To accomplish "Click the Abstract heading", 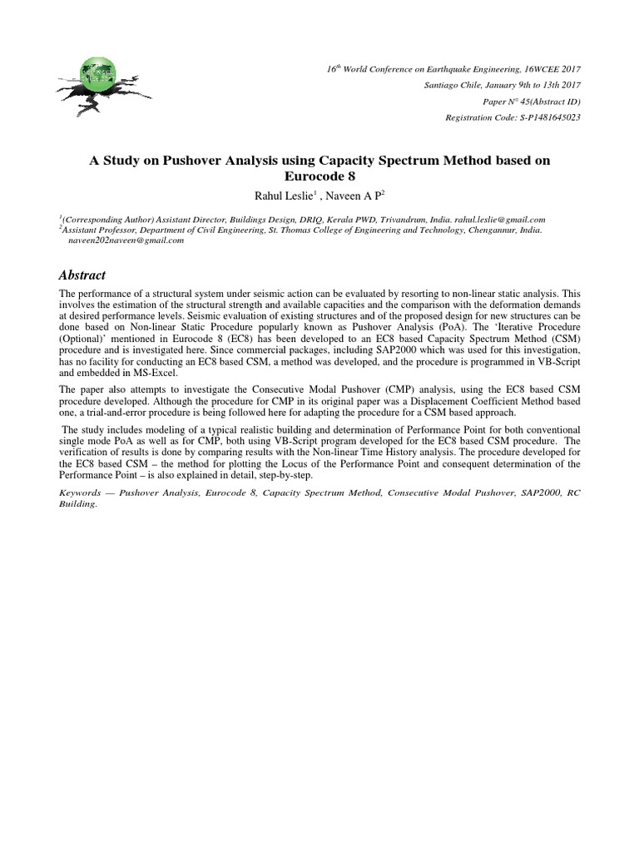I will click(82, 275).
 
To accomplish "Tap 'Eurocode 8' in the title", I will click(319, 176).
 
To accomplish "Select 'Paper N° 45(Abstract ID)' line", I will click(532, 102).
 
